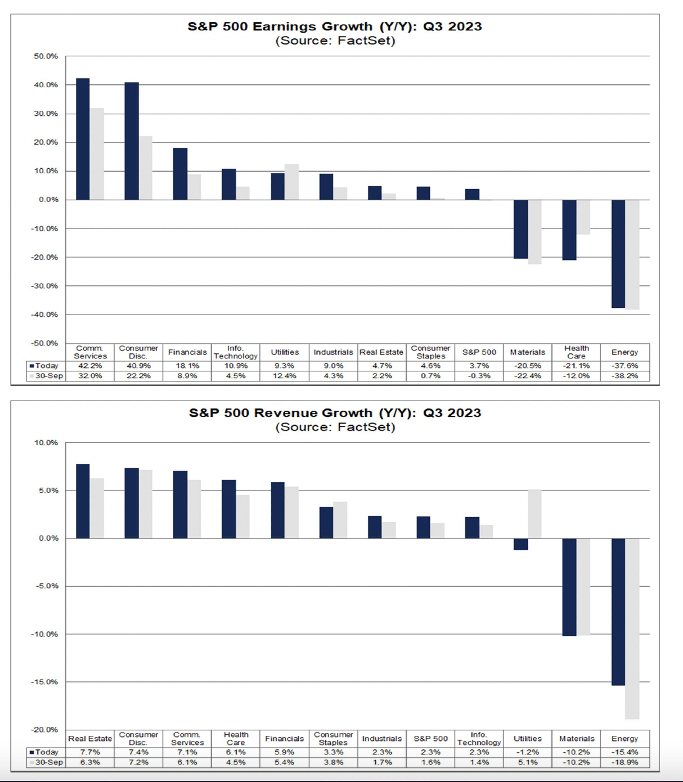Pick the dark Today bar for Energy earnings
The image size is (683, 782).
[x=618, y=254]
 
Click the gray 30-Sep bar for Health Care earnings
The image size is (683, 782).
[x=583, y=217]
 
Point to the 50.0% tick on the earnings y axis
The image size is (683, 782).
[x=46, y=56]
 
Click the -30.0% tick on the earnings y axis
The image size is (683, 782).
[x=45, y=286]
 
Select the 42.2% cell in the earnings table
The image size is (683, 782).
[x=90, y=366]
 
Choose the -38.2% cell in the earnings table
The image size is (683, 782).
[x=624, y=376]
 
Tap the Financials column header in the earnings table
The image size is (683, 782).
[x=187, y=352]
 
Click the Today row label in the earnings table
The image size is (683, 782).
[x=46, y=366]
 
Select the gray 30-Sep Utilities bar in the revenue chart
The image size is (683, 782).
[x=534, y=514]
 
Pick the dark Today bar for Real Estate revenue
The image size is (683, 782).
[x=83, y=501]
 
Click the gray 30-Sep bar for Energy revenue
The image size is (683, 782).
[x=632, y=628]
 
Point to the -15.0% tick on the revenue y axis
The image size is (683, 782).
[x=45, y=682]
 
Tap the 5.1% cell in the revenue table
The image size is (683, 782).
[x=528, y=762]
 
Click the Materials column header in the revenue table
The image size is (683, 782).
[x=577, y=739]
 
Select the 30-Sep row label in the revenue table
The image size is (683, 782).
[x=48, y=762]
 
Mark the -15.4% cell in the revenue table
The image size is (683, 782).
[x=624, y=752]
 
